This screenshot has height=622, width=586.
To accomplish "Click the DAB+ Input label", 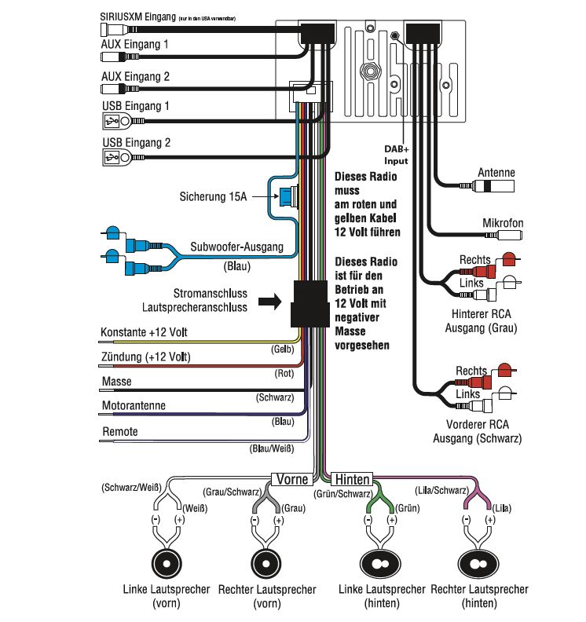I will click(395, 152).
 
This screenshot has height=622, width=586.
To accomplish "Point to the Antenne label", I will click(496, 173).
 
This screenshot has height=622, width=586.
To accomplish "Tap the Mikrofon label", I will click(502, 224).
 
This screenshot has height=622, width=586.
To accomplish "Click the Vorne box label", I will click(292, 477).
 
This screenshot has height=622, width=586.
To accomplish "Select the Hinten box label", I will click(351, 477).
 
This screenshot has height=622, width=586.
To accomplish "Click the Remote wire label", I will click(120, 432).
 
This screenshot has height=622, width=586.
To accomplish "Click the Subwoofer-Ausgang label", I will click(236, 247).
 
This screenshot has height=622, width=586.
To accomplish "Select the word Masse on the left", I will click(117, 382).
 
